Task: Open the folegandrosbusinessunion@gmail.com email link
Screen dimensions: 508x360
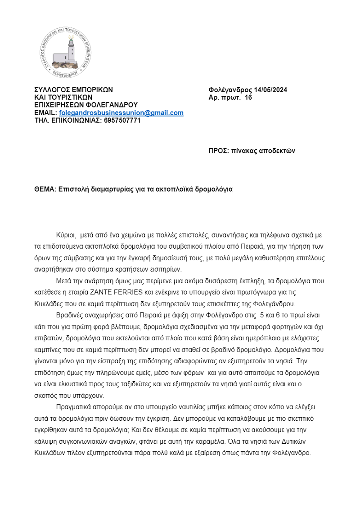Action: click(121, 113)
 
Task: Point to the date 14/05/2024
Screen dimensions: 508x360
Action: click(268, 90)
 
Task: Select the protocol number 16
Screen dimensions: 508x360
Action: click(248, 98)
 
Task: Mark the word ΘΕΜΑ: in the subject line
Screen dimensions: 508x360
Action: click(45, 189)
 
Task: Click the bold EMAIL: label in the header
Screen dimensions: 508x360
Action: click(46, 113)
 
